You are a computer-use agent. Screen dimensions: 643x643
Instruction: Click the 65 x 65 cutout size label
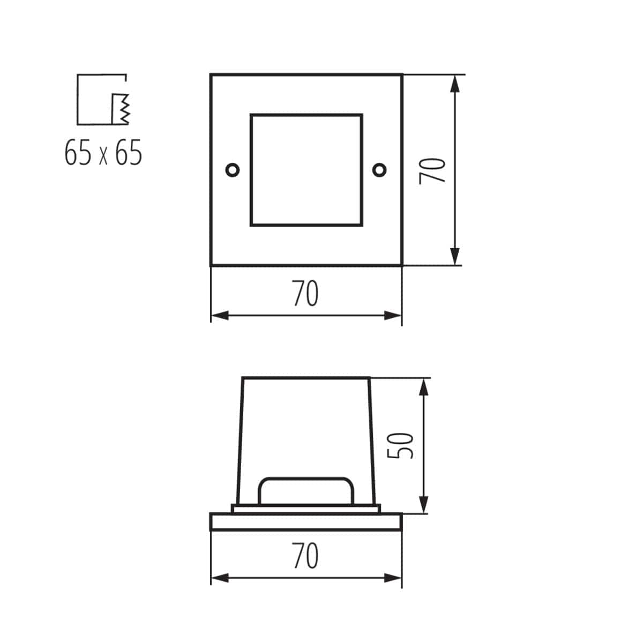click(103, 153)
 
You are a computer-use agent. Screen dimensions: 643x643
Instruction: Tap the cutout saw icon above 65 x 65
click(103, 100)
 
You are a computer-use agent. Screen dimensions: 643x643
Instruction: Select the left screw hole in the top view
click(233, 170)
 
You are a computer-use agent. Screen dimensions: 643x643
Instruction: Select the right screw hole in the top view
click(380, 170)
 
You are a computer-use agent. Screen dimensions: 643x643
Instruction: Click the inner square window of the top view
click(306, 170)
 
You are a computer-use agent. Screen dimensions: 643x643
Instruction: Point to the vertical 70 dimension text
click(432, 170)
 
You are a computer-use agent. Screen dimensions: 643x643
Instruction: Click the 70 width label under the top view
click(305, 294)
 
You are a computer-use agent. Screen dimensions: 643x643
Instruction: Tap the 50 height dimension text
click(401, 445)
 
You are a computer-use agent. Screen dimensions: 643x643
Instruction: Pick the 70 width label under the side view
click(305, 556)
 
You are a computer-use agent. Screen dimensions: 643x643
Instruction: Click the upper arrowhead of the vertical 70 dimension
click(454, 83)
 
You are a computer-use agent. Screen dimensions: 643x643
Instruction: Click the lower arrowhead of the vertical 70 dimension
click(454, 257)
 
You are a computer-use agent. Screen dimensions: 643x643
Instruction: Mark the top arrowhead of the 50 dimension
click(423, 386)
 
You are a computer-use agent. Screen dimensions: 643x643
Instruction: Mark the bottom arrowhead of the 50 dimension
click(423, 505)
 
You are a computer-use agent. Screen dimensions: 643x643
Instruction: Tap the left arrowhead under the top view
click(219, 316)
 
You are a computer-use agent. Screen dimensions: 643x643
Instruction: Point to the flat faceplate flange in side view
click(306, 522)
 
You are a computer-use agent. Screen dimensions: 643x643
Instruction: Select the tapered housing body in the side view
click(306, 423)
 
